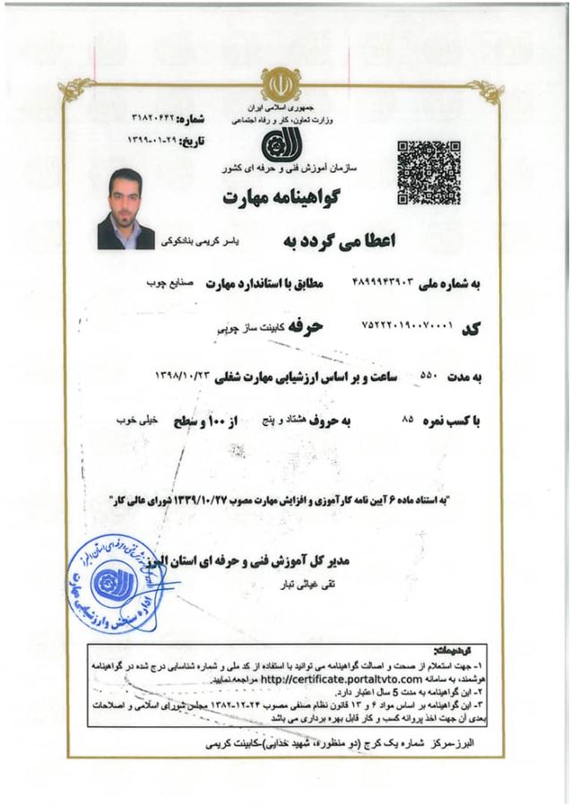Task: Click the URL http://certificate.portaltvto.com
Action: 332,681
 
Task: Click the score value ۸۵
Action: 409,419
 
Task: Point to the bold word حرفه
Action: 302,327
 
